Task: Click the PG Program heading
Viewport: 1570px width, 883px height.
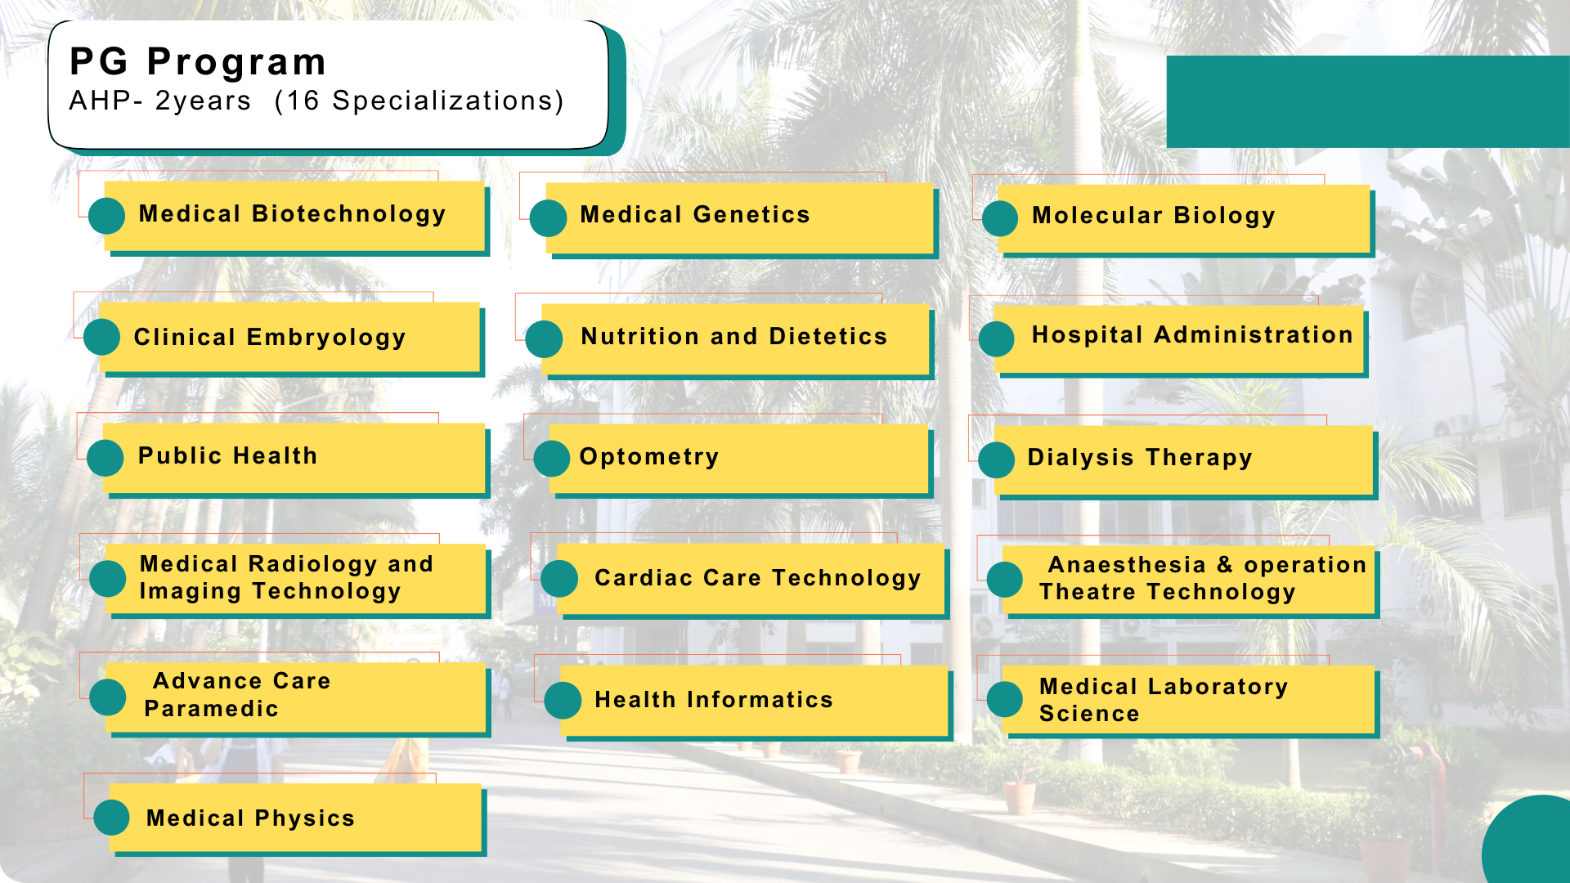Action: [198, 62]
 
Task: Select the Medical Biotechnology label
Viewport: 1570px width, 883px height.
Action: [292, 214]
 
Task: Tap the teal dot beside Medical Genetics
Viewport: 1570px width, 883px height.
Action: [548, 218]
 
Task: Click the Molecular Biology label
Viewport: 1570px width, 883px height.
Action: [1153, 216]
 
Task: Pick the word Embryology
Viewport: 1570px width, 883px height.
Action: [326, 338]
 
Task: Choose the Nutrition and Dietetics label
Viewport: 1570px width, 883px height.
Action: [733, 336]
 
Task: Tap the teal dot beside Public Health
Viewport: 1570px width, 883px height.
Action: [105, 458]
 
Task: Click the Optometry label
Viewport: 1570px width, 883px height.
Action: [649, 457]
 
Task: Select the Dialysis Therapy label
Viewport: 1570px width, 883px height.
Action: [1139, 458]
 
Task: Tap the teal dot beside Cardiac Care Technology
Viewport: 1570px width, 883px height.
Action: [559, 579]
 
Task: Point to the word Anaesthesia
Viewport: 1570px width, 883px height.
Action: [1127, 565]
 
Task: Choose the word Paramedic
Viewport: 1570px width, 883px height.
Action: [212, 709]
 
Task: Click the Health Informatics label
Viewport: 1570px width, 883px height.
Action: [713, 700]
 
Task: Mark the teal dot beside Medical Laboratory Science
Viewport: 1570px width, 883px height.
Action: [1005, 700]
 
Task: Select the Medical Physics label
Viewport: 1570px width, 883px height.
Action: [250, 818]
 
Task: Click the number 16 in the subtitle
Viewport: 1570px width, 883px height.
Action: [303, 101]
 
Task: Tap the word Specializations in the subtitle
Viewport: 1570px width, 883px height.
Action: [442, 101]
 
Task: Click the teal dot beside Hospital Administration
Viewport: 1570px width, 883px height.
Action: [997, 339]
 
